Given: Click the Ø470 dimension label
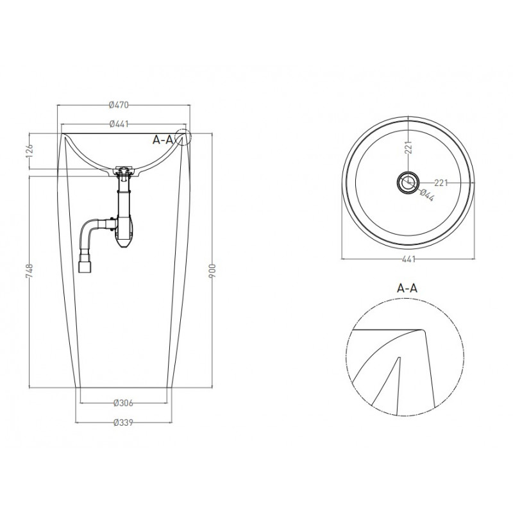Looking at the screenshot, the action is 119,105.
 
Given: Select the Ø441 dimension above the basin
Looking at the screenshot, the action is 119,124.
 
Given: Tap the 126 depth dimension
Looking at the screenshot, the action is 29,151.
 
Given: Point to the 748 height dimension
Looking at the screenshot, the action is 29,271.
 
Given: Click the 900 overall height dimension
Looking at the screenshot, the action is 213,271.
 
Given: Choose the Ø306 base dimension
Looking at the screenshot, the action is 123,403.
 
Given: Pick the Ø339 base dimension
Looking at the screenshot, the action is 123,423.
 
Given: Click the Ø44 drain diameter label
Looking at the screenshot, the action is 426,196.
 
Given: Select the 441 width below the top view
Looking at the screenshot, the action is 408,260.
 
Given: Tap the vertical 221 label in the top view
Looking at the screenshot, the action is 408,147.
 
